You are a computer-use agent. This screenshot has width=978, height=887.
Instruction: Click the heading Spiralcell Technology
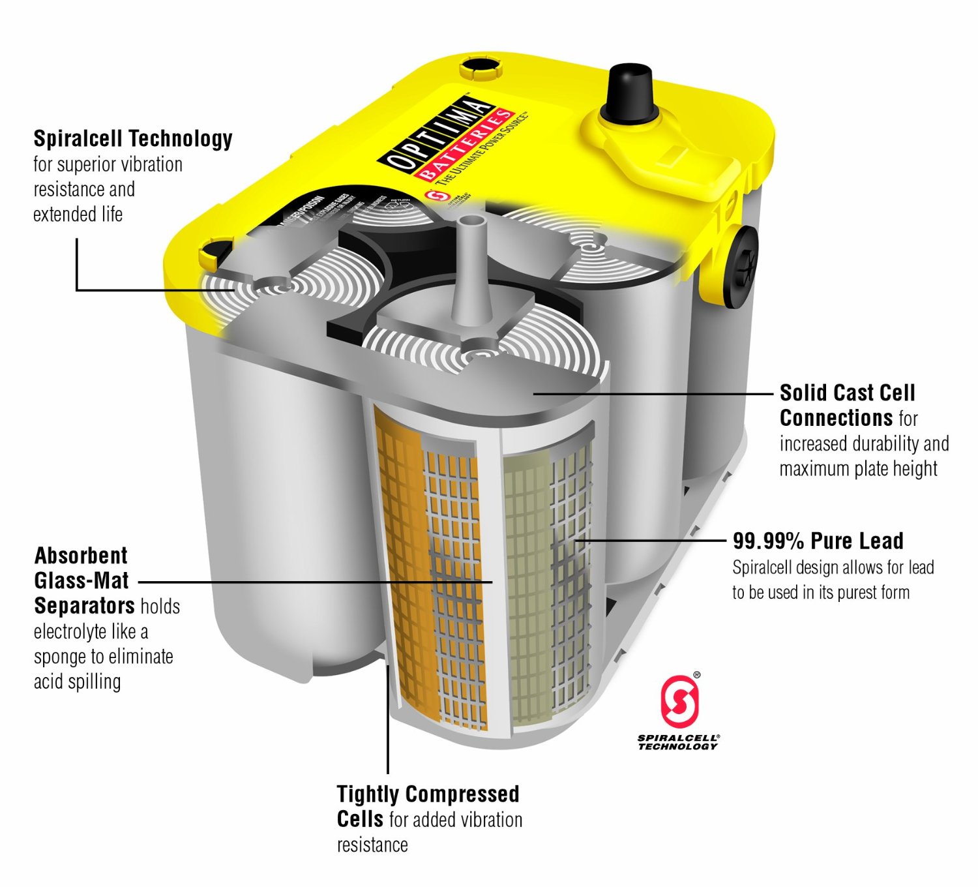[133, 138]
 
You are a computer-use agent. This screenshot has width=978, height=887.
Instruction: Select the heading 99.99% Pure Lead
[818, 541]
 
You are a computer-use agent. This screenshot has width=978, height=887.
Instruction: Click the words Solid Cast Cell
[848, 393]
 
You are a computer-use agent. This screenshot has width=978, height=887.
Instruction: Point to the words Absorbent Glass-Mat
[81, 567]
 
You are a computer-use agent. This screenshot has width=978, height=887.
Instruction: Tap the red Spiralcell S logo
[679, 701]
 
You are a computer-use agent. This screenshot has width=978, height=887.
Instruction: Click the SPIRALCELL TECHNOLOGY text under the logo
[678, 742]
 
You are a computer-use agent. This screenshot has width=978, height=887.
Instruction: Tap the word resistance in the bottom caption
[372, 845]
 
